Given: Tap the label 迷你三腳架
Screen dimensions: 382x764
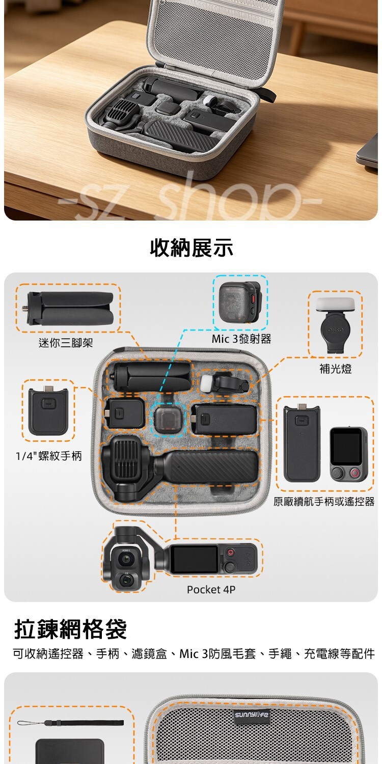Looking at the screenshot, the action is tap(66, 342).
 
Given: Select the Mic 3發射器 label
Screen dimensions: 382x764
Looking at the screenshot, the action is tap(241, 339).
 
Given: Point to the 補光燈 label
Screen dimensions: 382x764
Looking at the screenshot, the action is tap(335, 369).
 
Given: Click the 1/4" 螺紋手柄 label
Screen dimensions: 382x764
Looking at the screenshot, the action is tap(49, 456).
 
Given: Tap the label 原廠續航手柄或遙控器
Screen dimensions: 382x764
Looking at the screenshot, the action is tap(323, 501).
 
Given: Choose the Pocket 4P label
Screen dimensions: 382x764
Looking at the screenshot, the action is tap(211, 589).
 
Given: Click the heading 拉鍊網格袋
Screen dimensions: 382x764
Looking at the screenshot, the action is tap(70, 629).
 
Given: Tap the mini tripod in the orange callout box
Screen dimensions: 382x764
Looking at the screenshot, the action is tap(70, 308).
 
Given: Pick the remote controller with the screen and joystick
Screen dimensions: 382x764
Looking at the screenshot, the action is tap(348, 454).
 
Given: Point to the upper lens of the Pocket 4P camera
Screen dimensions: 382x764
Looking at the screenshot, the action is tap(126, 559).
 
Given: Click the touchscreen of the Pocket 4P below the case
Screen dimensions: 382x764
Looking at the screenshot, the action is tap(194, 559).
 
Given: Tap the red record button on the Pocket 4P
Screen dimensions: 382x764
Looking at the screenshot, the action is tap(231, 552).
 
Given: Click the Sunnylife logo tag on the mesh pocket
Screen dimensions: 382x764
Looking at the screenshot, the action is tap(252, 714).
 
